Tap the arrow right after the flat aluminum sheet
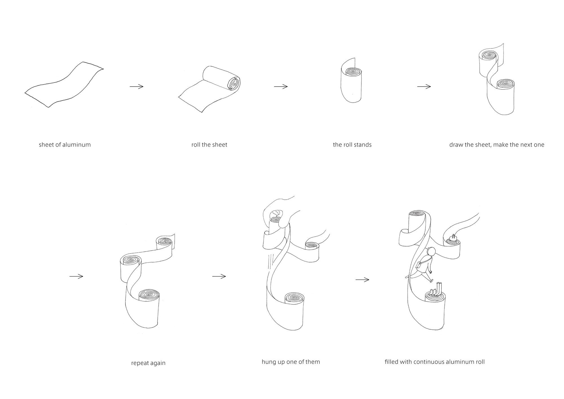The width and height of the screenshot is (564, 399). (x=136, y=86)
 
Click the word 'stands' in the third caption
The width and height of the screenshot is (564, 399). (x=363, y=145)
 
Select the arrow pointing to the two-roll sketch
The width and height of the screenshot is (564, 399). (x=424, y=87)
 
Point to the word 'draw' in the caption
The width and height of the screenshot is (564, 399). (x=456, y=145)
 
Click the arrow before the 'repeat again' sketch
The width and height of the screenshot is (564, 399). (x=76, y=276)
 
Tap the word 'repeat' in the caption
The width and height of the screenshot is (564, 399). (x=140, y=363)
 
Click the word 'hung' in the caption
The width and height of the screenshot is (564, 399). (x=268, y=362)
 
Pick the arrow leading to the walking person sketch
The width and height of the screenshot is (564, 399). (x=362, y=280)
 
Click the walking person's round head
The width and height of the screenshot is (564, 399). (x=431, y=251)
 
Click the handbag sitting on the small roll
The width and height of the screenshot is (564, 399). (x=453, y=237)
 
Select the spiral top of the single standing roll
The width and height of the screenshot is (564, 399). (x=352, y=72)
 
